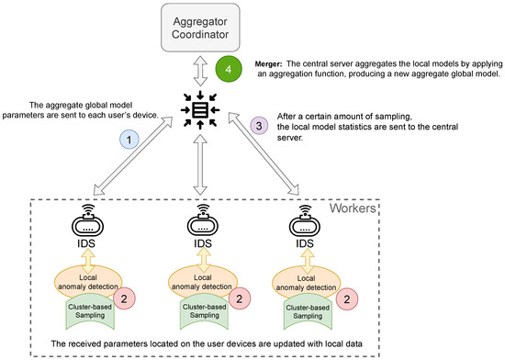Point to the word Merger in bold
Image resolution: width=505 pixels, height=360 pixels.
(x=271, y=65)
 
